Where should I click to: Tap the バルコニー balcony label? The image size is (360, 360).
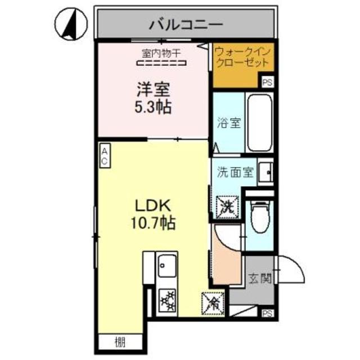click(187, 25)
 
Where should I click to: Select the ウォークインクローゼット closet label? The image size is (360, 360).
click(241, 56)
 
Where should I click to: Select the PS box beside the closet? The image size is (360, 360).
click(268, 82)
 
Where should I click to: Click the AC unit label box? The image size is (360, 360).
click(105, 155)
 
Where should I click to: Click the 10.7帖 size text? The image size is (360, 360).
click(150, 223)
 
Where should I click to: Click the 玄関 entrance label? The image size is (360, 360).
click(260, 278)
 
